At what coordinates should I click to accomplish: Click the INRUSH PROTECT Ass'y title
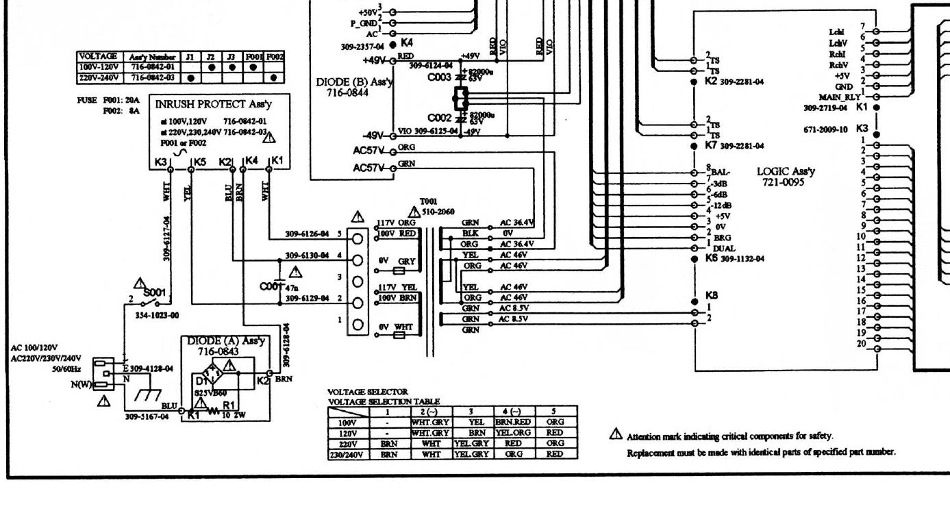[x=210, y=104]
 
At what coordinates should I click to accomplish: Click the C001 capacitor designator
[x=271, y=286]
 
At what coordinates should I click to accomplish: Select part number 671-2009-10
[x=825, y=129]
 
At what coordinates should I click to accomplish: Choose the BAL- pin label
[x=721, y=172]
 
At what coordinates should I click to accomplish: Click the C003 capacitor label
[x=439, y=77]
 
